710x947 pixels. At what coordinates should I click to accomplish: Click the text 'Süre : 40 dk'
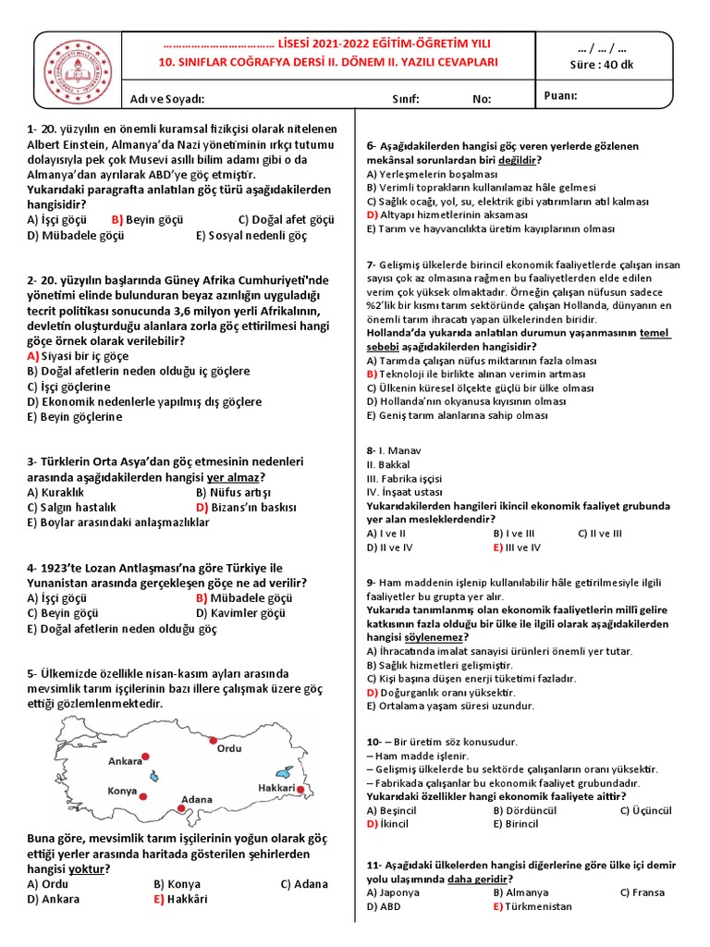tap(601, 64)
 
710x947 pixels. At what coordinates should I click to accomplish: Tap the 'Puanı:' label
tap(561, 95)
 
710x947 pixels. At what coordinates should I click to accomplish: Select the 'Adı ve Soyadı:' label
tap(167, 99)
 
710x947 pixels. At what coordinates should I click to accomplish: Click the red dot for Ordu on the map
tap(214, 740)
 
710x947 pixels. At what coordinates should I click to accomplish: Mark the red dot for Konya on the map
tap(143, 793)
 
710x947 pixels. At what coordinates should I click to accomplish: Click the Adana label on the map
tap(196, 799)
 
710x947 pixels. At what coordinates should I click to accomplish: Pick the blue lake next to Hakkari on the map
tap(284, 771)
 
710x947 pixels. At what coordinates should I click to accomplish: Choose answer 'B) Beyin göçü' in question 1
tap(147, 220)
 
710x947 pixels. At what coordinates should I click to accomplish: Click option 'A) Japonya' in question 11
tap(393, 892)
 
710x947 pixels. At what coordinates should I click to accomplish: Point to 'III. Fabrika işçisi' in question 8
tap(406, 478)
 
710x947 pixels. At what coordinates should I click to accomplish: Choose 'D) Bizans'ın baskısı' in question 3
tap(246, 507)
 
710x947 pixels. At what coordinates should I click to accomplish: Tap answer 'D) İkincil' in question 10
tap(387, 824)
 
